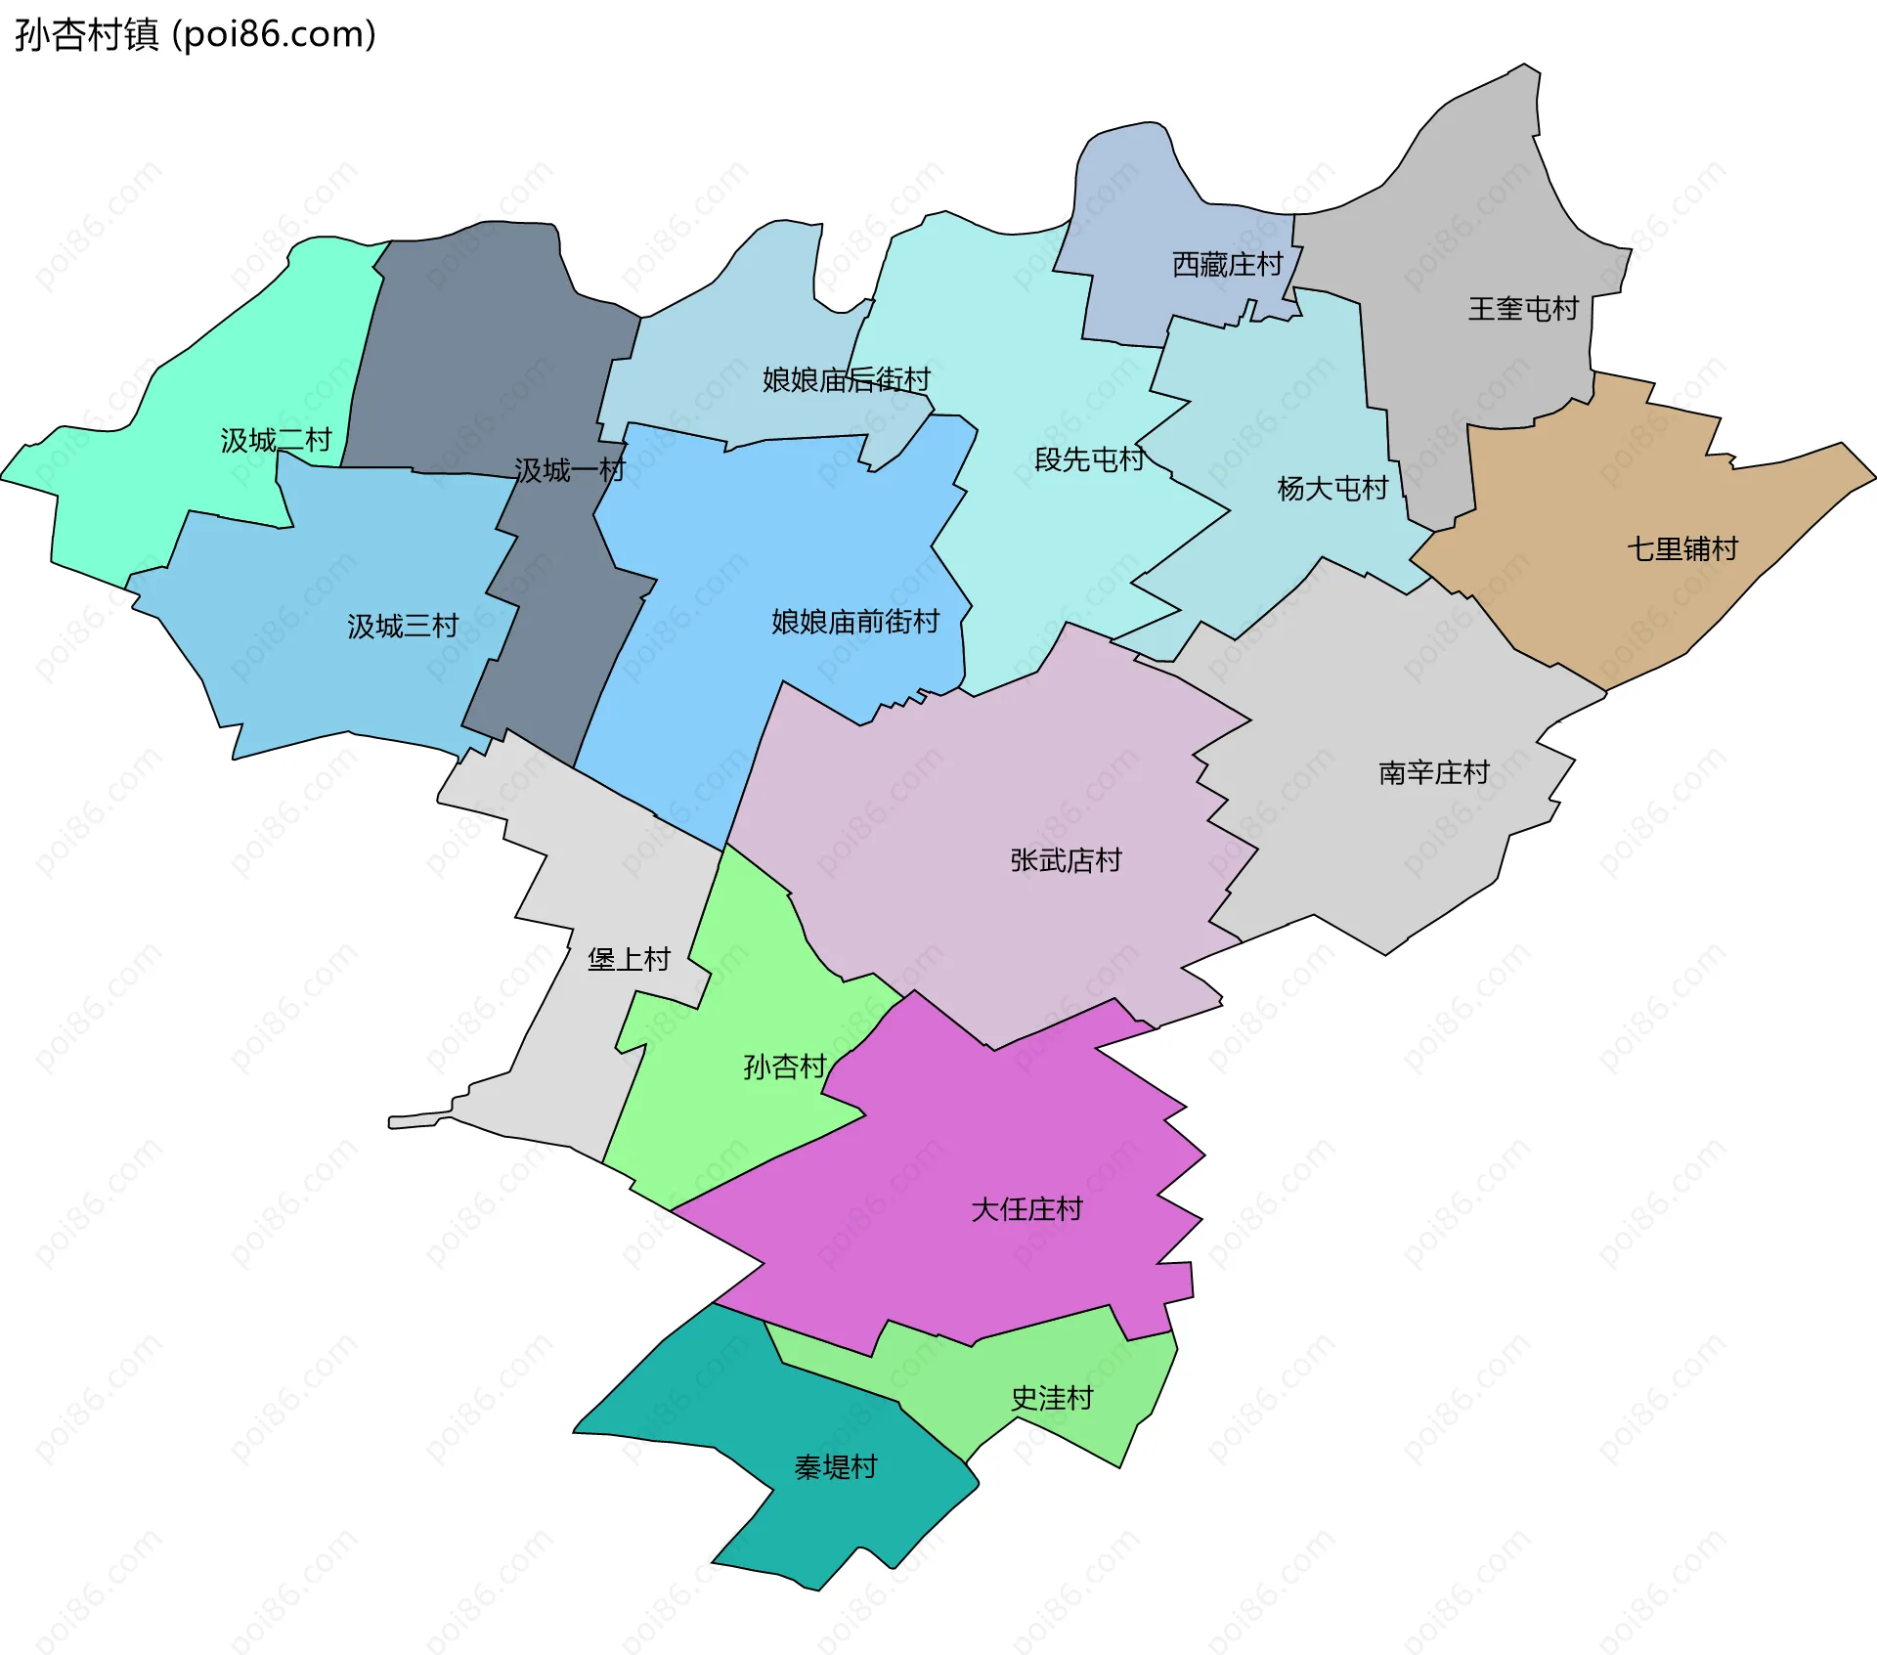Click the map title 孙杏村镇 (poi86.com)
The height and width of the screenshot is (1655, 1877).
(x=196, y=35)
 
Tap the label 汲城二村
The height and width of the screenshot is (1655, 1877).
(x=276, y=441)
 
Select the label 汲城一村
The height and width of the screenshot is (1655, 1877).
(x=569, y=471)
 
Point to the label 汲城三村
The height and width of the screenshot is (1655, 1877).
(x=403, y=627)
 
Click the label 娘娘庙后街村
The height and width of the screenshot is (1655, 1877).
(x=846, y=380)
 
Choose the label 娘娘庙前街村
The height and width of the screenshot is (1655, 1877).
(x=855, y=622)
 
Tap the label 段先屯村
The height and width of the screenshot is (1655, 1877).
(x=1089, y=459)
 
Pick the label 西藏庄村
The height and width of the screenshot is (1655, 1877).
(x=1227, y=265)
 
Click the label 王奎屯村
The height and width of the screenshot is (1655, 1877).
(x=1523, y=310)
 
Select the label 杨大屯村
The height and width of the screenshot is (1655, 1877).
(x=1332, y=489)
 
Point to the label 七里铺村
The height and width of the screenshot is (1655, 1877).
(x=1682, y=549)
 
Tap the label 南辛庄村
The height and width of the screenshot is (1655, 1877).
(x=1434, y=773)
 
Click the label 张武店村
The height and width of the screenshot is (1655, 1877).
(x=1066, y=860)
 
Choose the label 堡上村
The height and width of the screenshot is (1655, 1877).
(x=629, y=960)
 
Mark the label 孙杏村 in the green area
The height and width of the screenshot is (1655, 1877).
(x=785, y=1067)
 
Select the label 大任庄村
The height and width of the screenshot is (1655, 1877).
(x=1026, y=1210)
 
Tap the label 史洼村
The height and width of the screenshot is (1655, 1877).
(x=1052, y=1399)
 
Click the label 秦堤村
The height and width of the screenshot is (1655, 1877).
(x=836, y=1467)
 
